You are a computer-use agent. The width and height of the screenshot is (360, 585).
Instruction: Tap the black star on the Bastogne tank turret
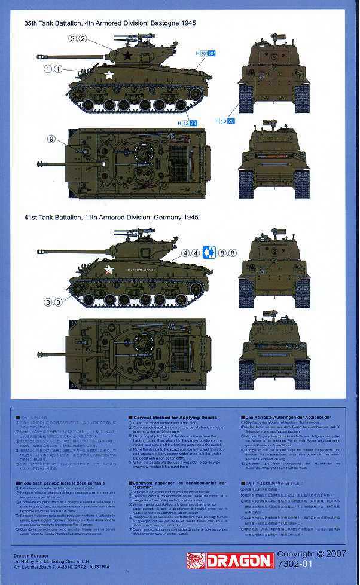pos(127,56)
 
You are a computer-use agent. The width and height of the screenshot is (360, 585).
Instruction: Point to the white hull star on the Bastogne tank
pos(109,75)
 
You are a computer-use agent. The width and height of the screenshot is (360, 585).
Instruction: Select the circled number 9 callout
pos(51,139)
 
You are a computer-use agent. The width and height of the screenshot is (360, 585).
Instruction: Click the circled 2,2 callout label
pos(78,39)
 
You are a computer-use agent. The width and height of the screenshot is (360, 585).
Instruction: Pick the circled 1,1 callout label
pos(53,69)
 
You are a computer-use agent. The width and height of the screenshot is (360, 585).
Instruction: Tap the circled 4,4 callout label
pos(190,253)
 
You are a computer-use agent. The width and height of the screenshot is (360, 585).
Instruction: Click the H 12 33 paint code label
pos(188,123)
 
